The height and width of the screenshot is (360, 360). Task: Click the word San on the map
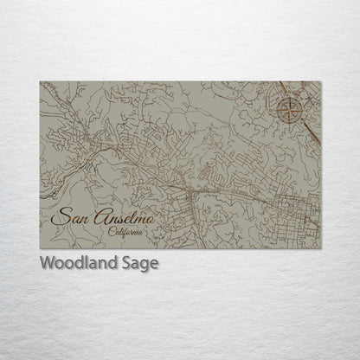[x=70, y=216]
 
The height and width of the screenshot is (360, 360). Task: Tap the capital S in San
[x=59, y=216]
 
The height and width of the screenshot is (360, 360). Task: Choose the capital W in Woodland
[x=45, y=263]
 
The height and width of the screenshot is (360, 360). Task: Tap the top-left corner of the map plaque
[x=40, y=82]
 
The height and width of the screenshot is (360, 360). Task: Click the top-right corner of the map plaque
[x=320, y=82]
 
